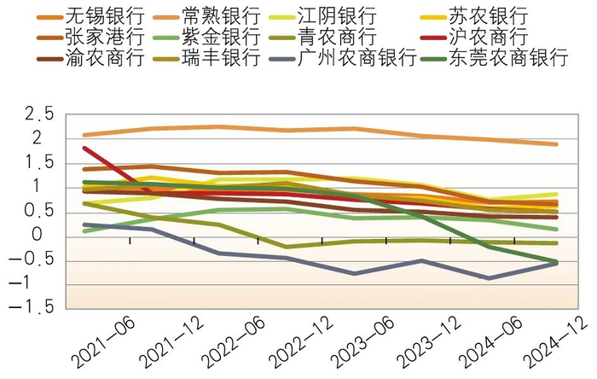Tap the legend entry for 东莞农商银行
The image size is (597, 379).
tap(508, 59)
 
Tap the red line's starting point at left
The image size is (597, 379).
tap(84, 148)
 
